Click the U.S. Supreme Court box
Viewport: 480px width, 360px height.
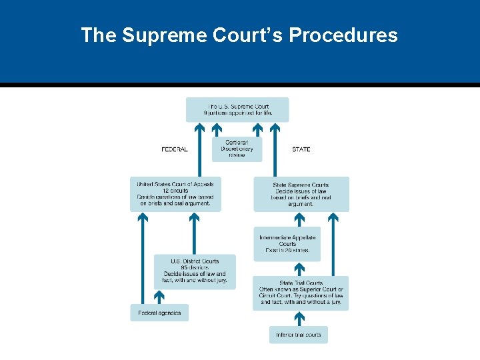[x=237, y=109]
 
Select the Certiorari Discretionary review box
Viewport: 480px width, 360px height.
[x=237, y=149]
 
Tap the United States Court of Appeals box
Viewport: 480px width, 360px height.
[x=175, y=194]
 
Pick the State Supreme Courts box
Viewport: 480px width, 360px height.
[x=301, y=194]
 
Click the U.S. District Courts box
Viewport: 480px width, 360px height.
[x=195, y=271]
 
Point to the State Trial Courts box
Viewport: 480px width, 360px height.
[x=300, y=293]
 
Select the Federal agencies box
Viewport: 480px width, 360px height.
[x=159, y=313]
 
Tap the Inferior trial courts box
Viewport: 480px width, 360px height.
[x=299, y=335]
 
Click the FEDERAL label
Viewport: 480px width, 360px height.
[x=175, y=149]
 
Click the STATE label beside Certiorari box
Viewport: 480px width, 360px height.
[x=301, y=149]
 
